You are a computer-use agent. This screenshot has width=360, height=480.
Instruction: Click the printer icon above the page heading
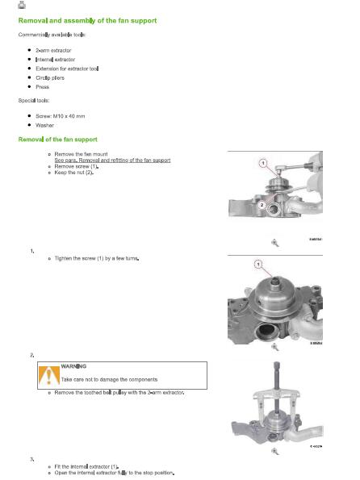pyautogui.click(x=22, y=5)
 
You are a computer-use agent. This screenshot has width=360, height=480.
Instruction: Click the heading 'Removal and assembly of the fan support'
pyautogui.click(x=88, y=20)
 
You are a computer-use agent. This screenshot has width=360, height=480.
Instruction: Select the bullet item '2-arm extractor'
pyautogui.click(x=53, y=50)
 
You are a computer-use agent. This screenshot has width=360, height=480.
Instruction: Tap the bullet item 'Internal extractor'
pyautogui.click(x=55, y=60)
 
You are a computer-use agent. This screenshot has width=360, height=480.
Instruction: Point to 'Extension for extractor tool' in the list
pyautogui.click(x=67, y=69)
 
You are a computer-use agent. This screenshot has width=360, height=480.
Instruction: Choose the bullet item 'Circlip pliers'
pyautogui.click(x=50, y=77)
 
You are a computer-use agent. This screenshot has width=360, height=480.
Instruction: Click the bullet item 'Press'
pyautogui.click(x=42, y=87)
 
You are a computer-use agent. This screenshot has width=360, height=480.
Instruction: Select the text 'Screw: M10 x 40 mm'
pyautogui.click(x=61, y=116)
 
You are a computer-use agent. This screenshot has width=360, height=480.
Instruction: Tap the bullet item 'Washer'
pyautogui.click(x=44, y=125)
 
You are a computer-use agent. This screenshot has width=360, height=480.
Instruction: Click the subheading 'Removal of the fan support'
pyautogui.click(x=58, y=140)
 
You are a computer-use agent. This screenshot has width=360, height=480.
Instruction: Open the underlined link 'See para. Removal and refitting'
pyautogui.click(x=112, y=160)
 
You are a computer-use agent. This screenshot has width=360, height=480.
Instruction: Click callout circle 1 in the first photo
pyautogui.click(x=263, y=163)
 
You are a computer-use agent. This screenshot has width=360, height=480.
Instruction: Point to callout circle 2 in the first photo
pyautogui.click(x=262, y=205)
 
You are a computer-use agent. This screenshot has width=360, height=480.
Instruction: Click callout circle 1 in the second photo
pyautogui.click(x=258, y=264)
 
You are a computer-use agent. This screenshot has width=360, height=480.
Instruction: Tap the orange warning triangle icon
pyautogui.click(x=48, y=375)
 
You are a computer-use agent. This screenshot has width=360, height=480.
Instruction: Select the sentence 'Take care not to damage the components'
pyautogui.click(x=109, y=379)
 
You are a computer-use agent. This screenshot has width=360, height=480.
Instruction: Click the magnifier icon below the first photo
pyautogui.click(x=274, y=243)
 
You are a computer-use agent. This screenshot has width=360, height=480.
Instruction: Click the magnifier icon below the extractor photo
pyautogui.click(x=274, y=451)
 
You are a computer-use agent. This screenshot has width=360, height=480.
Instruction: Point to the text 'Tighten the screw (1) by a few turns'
pyautogui.click(x=97, y=258)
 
